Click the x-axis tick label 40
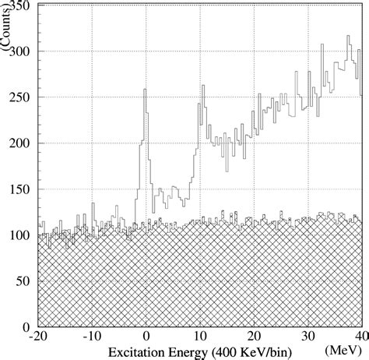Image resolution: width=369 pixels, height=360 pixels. [x=359, y=337]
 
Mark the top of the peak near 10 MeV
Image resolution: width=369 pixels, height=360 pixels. [x=202, y=85]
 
